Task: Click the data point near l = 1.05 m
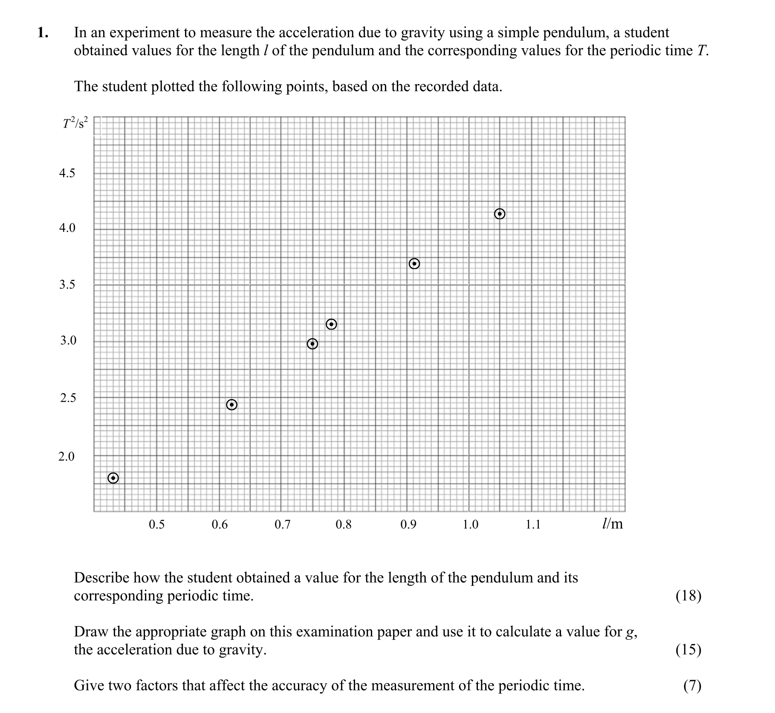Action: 500,214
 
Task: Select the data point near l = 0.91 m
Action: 414,264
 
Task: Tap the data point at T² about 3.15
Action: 331,325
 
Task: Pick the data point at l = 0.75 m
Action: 312,344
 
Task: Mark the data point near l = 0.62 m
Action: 231,405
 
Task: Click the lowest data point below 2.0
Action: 113,478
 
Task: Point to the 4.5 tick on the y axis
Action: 67,174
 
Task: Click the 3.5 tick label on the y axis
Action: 67,285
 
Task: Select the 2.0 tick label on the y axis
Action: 66,457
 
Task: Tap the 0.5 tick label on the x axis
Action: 156,525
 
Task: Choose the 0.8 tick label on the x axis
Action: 344,525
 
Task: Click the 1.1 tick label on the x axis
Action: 533,525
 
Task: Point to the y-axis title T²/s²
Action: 75,124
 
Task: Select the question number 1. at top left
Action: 43,32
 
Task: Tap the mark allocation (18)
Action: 688,596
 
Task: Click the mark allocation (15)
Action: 688,649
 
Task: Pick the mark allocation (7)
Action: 692,686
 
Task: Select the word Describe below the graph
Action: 101,578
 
